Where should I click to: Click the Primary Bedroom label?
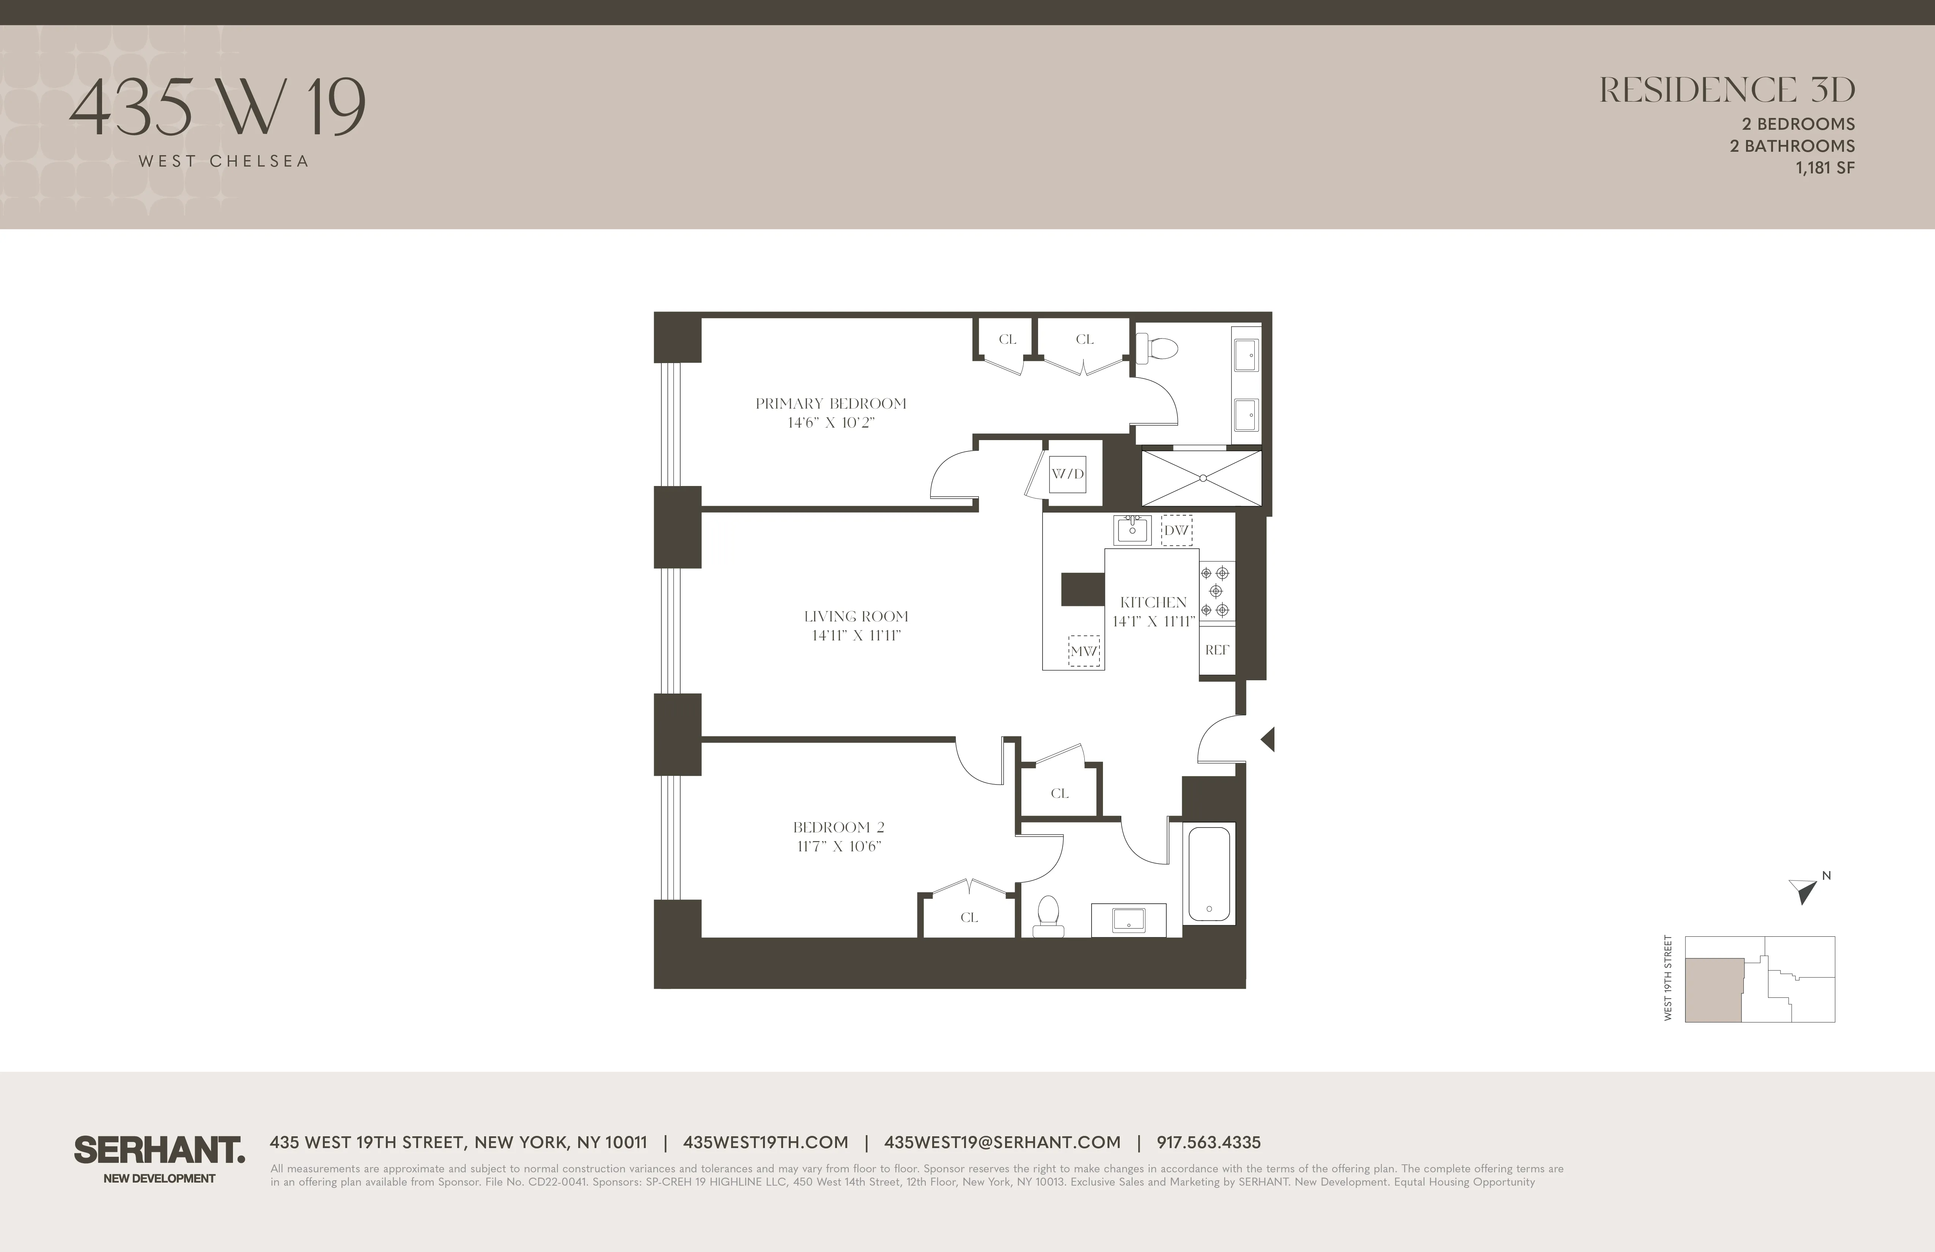[830, 403]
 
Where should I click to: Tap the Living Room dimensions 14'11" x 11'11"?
[856, 636]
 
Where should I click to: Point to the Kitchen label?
[1153, 602]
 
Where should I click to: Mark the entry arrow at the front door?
[1268, 739]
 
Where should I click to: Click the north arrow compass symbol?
[1803, 891]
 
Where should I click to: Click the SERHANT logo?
[159, 1150]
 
